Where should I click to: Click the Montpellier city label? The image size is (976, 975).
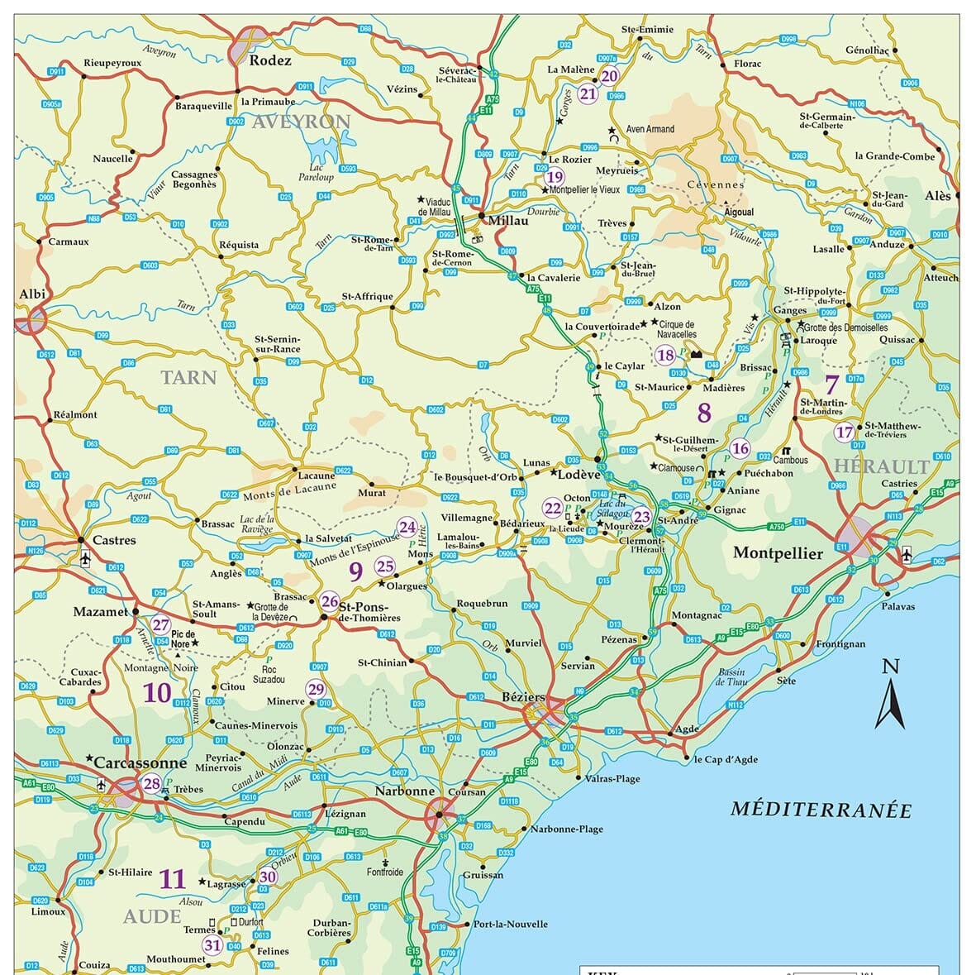click(778, 553)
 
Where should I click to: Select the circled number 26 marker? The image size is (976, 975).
click(330, 601)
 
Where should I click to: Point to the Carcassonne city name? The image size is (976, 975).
click(140, 762)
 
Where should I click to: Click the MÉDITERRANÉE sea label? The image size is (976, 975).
click(821, 810)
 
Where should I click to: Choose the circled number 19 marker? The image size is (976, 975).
click(555, 177)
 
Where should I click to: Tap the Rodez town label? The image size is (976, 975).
click(270, 60)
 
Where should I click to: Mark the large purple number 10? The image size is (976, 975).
click(157, 693)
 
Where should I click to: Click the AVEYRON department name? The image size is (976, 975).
click(301, 122)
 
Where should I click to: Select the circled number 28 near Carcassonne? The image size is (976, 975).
click(152, 784)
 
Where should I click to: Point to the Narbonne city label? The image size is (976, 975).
click(404, 791)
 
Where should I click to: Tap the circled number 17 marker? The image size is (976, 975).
click(844, 432)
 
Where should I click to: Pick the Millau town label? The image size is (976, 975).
click(508, 221)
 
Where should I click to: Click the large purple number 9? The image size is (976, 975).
click(356, 571)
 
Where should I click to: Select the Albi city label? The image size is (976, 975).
click(32, 294)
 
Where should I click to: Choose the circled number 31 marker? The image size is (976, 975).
click(212, 946)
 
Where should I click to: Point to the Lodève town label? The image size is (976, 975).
click(578, 475)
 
